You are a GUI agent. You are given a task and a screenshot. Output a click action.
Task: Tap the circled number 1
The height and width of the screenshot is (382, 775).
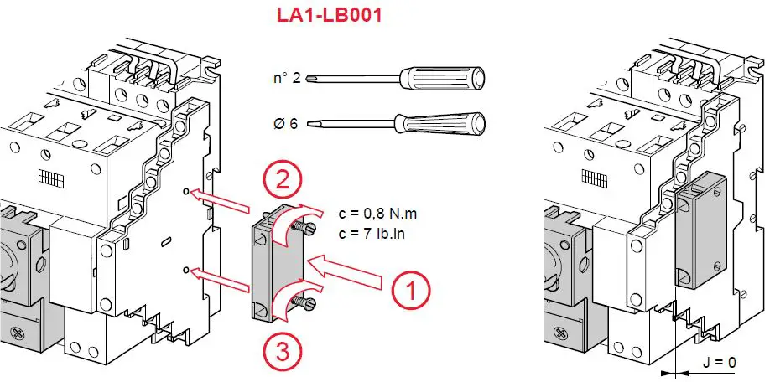[x=411, y=291]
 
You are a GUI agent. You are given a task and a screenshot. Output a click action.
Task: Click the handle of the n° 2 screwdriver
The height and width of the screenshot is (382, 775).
[x=445, y=79]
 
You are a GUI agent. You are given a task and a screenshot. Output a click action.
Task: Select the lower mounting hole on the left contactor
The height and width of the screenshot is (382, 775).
[x=185, y=270]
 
